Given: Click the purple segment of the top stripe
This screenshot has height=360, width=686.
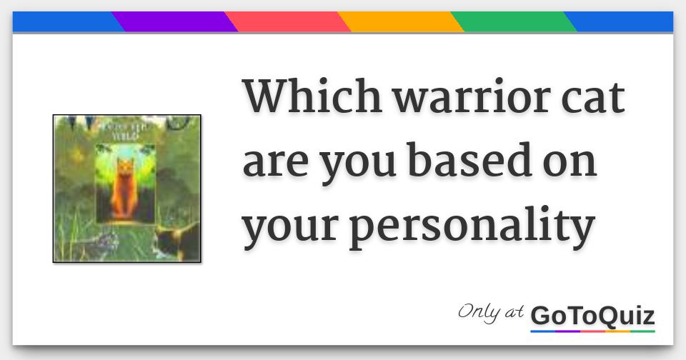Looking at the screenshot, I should coord(175,21).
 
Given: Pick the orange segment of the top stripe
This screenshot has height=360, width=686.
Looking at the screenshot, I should coord(400,21).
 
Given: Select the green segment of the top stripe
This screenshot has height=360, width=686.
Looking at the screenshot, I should coord(513,21).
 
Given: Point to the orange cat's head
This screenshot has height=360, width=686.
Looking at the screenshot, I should coord(125,169).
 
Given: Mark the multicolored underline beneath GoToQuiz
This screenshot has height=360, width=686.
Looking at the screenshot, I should coord(592,331).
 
